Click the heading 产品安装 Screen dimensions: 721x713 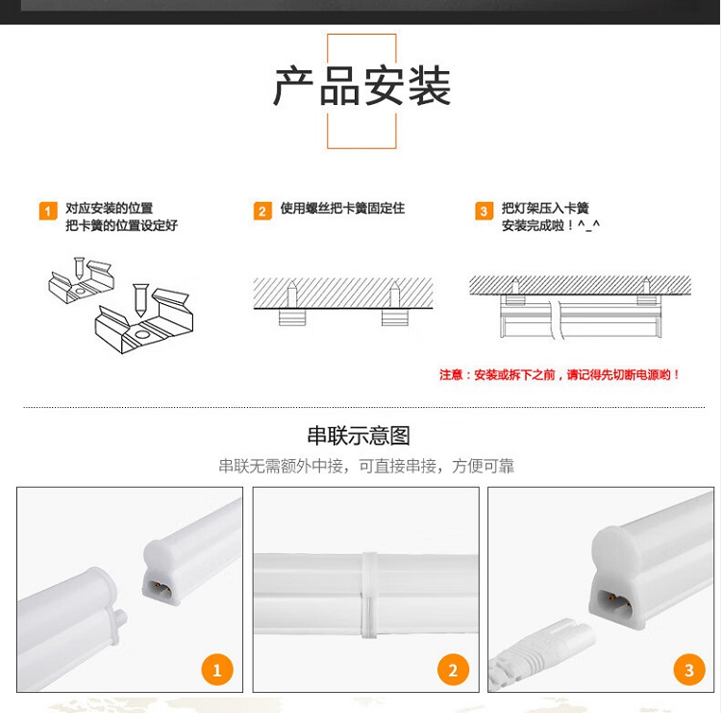(x=361, y=86)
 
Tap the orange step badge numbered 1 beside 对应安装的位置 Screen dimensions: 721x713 (x=48, y=212)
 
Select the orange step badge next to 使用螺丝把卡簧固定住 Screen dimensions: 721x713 (x=262, y=211)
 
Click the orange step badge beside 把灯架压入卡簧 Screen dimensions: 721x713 (x=484, y=211)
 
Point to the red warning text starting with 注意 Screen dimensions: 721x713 (x=559, y=374)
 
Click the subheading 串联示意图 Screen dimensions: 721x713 (x=359, y=436)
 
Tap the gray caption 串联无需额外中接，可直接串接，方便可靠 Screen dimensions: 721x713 (x=366, y=467)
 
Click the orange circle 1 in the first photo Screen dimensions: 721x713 (x=217, y=670)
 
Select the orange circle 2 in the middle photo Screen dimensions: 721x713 (x=453, y=670)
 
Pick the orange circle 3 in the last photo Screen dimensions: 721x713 (x=689, y=670)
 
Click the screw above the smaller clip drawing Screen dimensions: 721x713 (x=79, y=267)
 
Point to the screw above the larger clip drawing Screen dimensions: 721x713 (x=140, y=299)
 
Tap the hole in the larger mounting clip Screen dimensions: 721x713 (x=142, y=335)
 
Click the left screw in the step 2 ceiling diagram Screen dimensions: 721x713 (x=292, y=293)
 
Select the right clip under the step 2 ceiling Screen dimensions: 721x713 (x=394, y=318)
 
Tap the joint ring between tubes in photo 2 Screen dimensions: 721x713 (x=369, y=595)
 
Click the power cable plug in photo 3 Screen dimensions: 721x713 (x=540, y=654)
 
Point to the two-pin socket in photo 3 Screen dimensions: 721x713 (x=615, y=600)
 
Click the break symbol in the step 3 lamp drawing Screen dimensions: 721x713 (x=557, y=319)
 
